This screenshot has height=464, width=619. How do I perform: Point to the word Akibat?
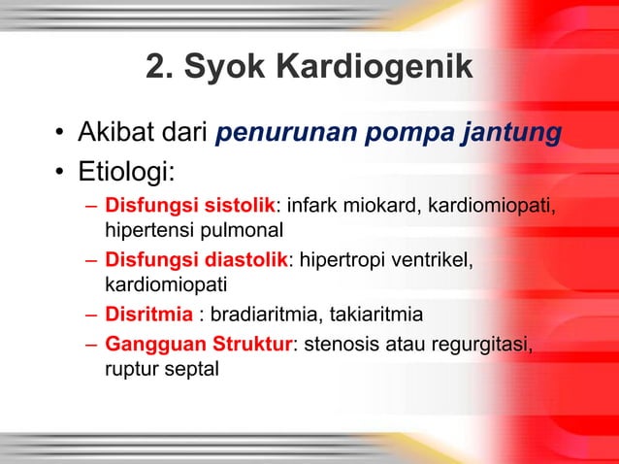(114, 132)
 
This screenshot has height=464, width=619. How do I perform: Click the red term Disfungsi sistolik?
(190, 207)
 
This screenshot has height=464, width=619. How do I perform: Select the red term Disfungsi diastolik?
(196, 260)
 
